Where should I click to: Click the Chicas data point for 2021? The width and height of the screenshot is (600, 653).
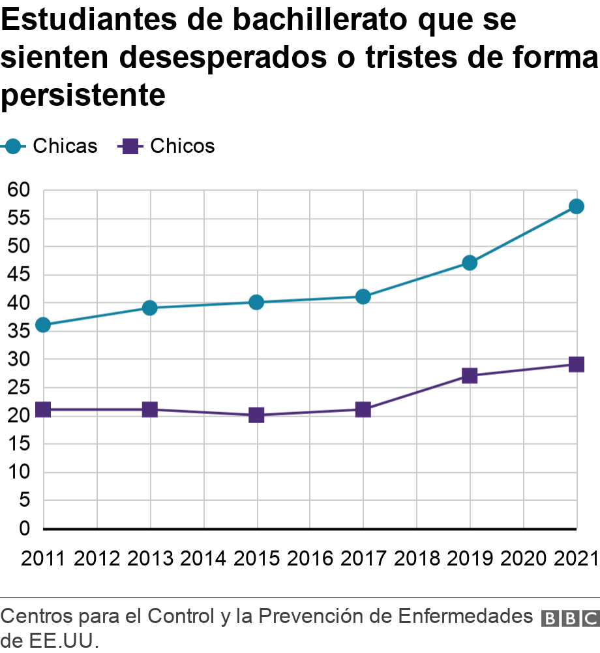(x=576, y=206)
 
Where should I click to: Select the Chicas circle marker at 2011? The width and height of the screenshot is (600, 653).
(x=43, y=325)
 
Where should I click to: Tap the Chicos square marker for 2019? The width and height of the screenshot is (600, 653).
(x=470, y=375)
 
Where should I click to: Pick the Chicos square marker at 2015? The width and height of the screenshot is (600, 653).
(x=256, y=415)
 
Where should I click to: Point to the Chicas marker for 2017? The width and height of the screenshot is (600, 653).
(x=363, y=296)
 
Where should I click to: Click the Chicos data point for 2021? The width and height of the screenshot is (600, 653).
(x=576, y=364)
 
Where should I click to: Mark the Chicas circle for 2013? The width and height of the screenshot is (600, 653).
(x=150, y=308)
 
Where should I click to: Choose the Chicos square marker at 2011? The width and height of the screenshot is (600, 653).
(x=43, y=409)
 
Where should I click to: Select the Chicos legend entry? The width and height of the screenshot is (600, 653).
(x=167, y=146)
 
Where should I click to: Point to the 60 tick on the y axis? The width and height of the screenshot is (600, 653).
(x=18, y=190)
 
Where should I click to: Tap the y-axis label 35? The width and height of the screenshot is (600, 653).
(x=18, y=331)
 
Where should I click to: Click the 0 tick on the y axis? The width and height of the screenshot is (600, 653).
(x=24, y=528)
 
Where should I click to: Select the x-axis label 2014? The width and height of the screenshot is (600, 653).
(x=203, y=559)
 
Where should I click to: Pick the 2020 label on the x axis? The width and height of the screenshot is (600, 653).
(x=522, y=559)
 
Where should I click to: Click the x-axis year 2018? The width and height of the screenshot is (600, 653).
(x=416, y=559)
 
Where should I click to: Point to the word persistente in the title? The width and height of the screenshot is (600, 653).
(x=83, y=96)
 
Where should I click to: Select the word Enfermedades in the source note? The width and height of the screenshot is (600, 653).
(x=465, y=616)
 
